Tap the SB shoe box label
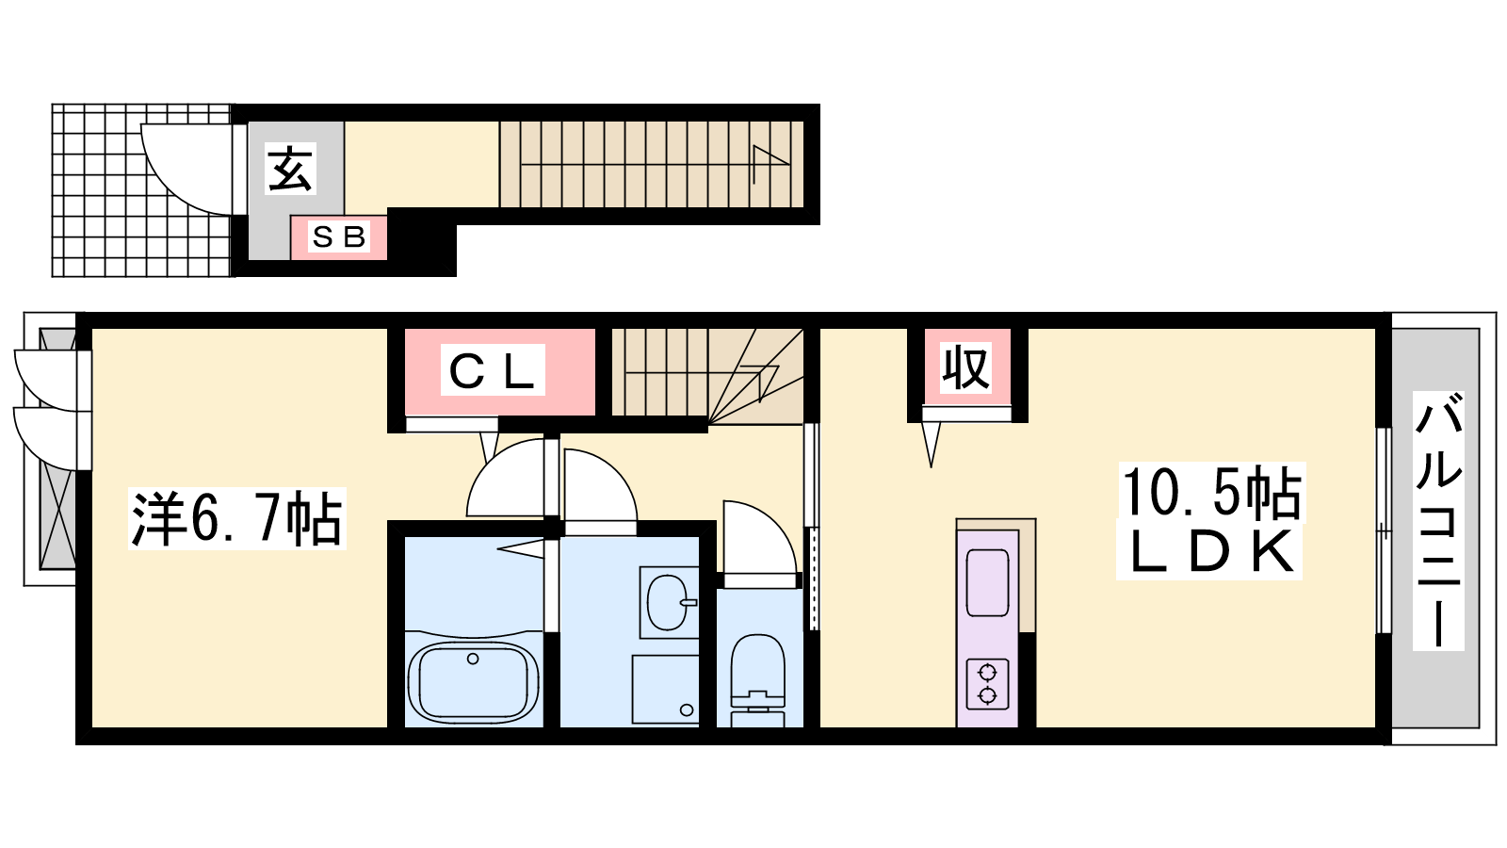(x=338, y=236)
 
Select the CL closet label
(x=492, y=370)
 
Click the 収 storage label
(x=965, y=368)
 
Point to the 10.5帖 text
(x=1211, y=493)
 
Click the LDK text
(x=1210, y=551)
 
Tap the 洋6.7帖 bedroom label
(x=236, y=518)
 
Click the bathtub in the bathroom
(x=474, y=681)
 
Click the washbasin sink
(x=668, y=601)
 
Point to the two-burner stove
(x=987, y=684)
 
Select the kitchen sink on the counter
(x=988, y=582)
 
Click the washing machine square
(x=665, y=689)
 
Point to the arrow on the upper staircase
(x=770, y=164)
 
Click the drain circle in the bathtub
(x=473, y=659)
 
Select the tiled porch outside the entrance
(x=142, y=189)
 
